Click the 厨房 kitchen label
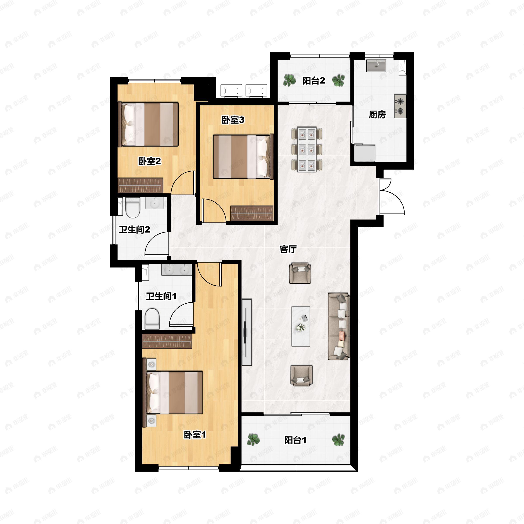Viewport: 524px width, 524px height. point(377,115)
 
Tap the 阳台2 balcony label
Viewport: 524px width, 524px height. point(314,81)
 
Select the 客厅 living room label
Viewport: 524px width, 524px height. point(288,249)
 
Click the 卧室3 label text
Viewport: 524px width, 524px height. point(233,120)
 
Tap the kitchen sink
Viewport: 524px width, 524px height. point(376,66)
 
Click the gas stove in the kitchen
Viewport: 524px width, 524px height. point(400,106)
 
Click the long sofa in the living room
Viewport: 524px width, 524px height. point(339,326)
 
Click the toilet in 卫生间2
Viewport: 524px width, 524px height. point(133,207)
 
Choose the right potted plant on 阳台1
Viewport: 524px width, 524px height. point(338,440)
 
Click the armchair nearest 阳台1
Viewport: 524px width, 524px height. point(301,376)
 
